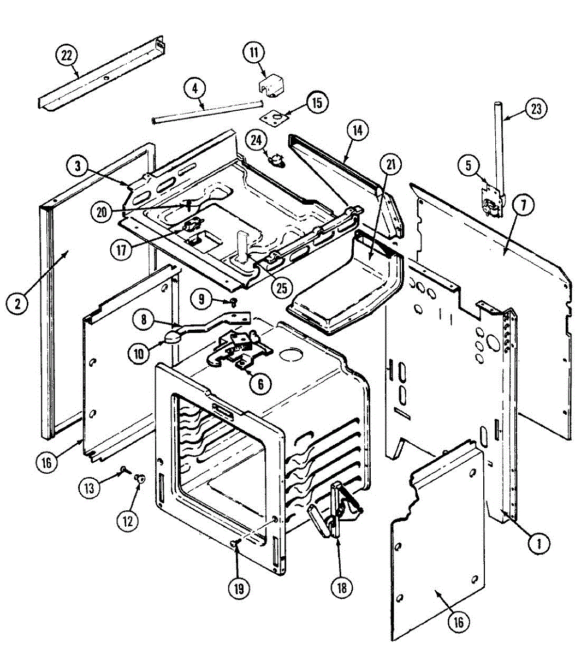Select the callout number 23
click(536, 109)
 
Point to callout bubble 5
click(469, 165)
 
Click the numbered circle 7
click(523, 206)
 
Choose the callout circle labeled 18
click(341, 587)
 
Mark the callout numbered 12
click(128, 520)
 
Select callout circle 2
click(17, 303)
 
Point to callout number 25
click(282, 288)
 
